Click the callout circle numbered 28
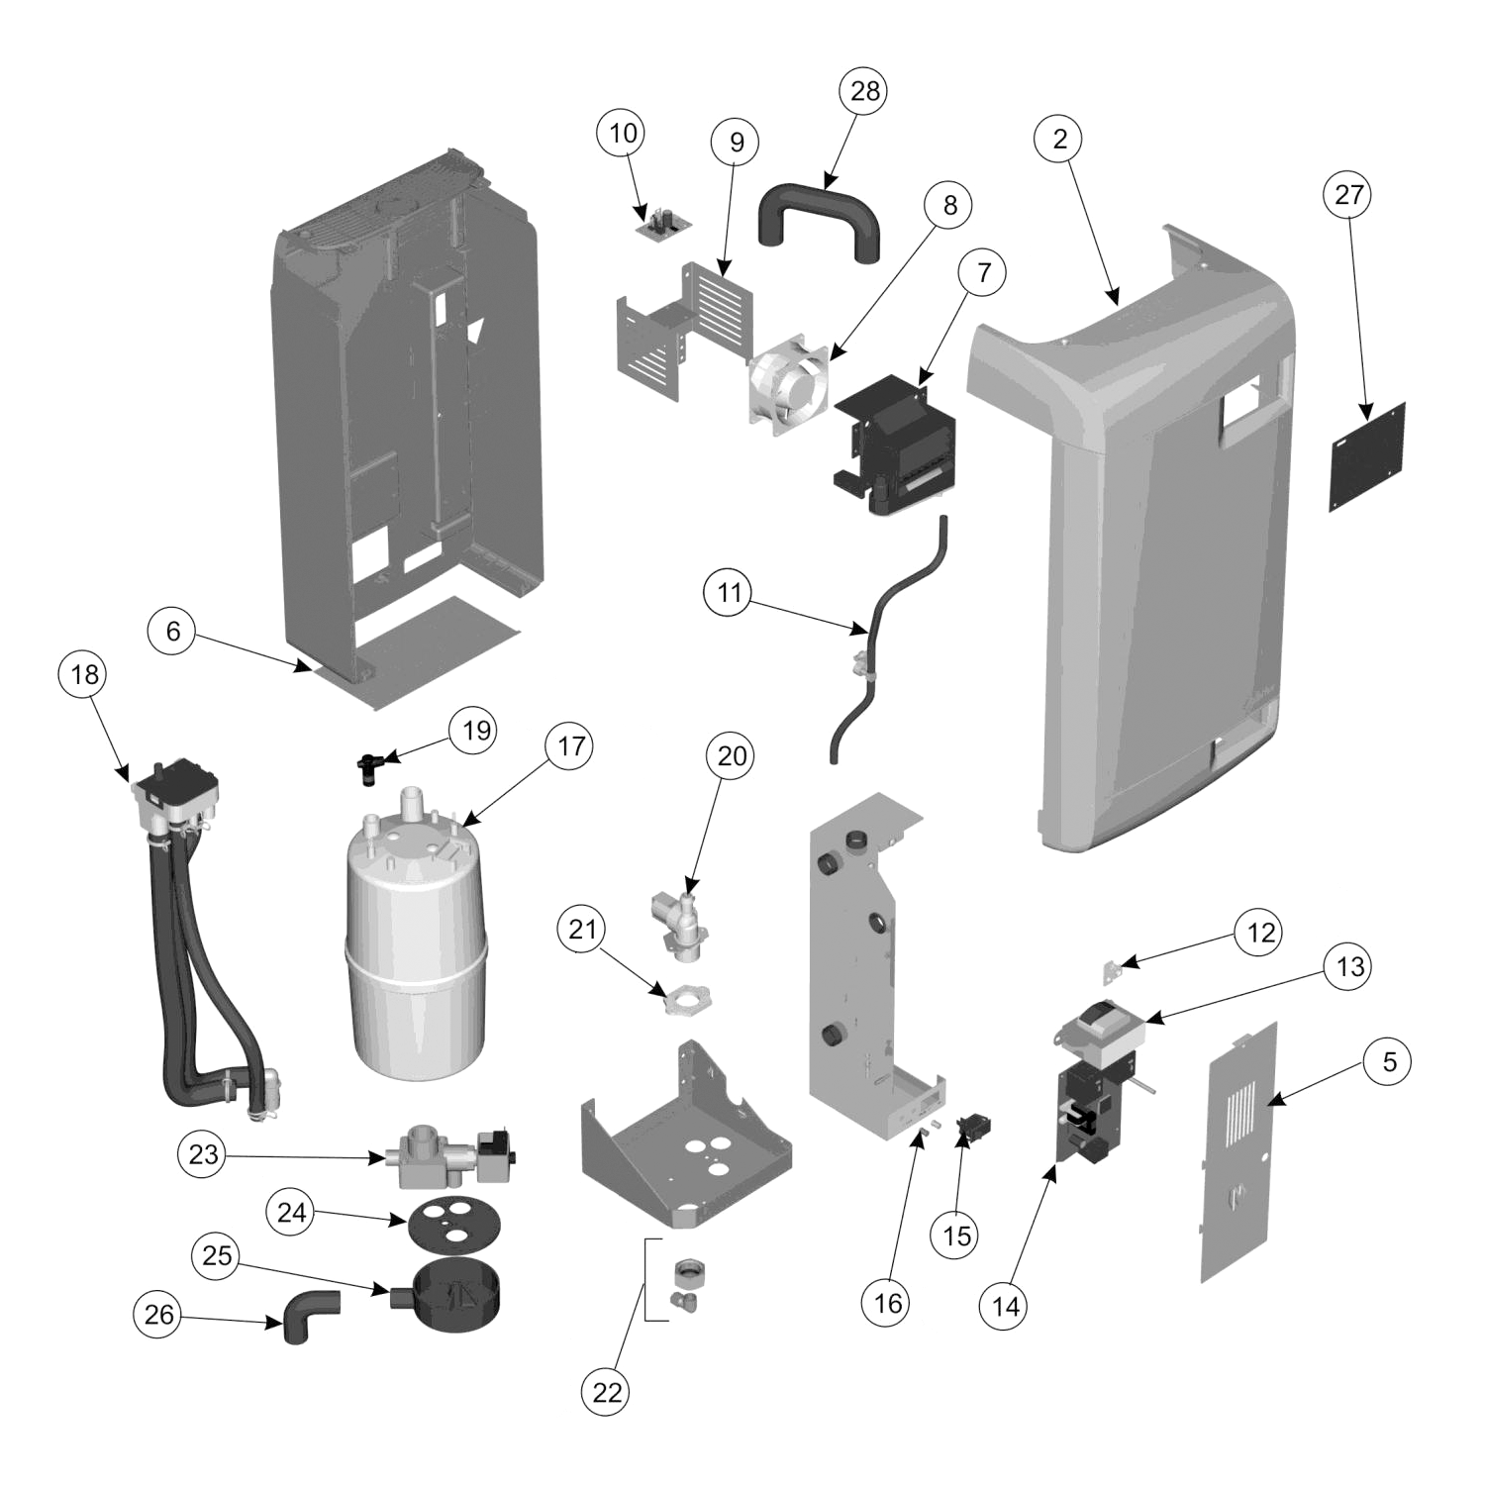click(864, 91)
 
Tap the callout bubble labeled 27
click(1349, 195)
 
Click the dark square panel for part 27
click(1367, 456)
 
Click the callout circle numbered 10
click(623, 133)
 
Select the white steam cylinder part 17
click(416, 950)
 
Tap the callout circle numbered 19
click(476, 731)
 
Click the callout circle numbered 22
click(607, 1393)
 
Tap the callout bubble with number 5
click(1389, 1062)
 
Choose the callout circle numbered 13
click(1350, 966)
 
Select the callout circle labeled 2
click(1060, 139)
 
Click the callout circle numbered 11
click(729, 593)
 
